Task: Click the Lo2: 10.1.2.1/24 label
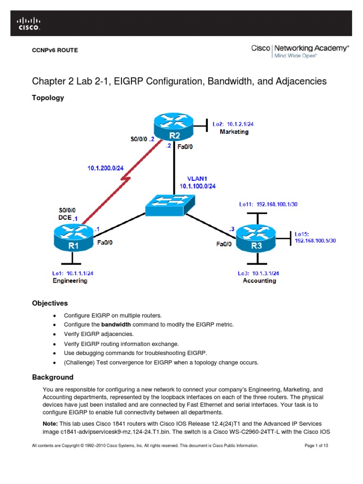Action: coord(235,124)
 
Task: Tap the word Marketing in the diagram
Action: coord(234,132)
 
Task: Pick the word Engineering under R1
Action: coord(70,281)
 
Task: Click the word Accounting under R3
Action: coord(259,281)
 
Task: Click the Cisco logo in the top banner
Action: coord(29,24)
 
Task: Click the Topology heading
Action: coord(48,98)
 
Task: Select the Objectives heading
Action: coord(50,303)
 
